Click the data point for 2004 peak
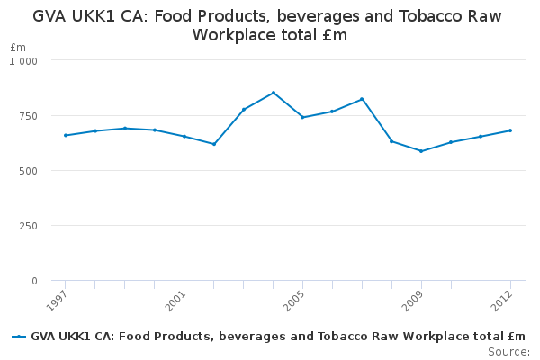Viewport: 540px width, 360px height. coord(274,93)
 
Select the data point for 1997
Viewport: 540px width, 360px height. coord(66,135)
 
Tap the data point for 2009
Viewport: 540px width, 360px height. coord(421,151)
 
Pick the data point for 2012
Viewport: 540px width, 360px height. coord(510,130)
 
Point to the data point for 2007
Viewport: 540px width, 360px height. coord(362,99)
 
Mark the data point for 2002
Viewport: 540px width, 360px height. coord(214,144)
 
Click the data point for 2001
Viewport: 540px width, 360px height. coord(184,137)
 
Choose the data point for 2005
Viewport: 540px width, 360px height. coord(302,117)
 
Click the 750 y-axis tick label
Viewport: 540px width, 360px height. coord(29,116)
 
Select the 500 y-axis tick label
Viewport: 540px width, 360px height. coord(29,171)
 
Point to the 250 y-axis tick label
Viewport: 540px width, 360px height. coord(29,226)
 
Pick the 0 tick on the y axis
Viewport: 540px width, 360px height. coord(34,281)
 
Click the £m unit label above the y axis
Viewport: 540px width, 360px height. coord(18,47)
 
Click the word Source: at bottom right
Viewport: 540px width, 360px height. coord(508,351)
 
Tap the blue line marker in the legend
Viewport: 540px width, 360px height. coord(19,337)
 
